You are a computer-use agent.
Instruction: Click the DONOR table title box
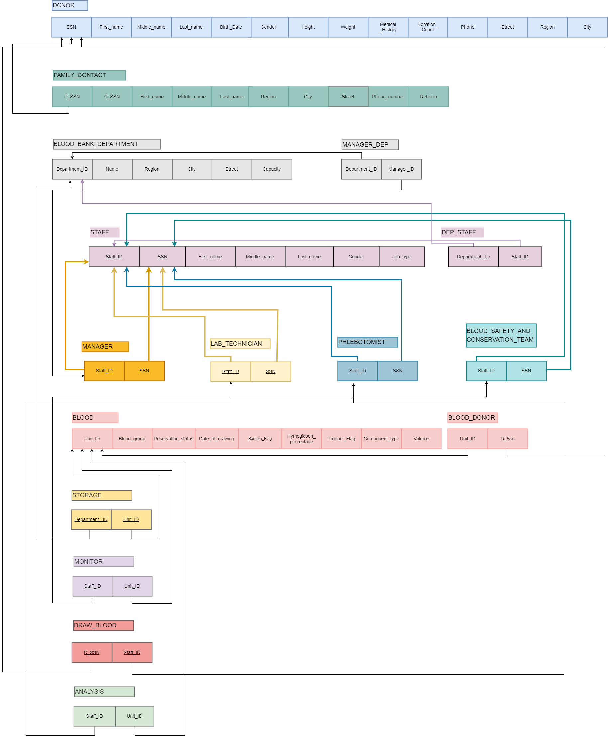[70, 5]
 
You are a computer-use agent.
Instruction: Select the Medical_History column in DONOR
[388, 27]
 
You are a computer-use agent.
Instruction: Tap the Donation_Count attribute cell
[427, 27]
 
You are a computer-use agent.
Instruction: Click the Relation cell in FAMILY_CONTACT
[428, 97]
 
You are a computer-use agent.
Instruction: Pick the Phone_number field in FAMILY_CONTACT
[388, 97]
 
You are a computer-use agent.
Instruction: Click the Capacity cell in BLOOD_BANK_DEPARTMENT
[272, 169]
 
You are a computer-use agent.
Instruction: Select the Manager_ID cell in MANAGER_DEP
[401, 169]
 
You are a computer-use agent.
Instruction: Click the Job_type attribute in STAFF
[401, 257]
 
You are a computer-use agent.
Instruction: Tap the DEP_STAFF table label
[462, 232]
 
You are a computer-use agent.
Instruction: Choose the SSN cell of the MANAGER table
[144, 371]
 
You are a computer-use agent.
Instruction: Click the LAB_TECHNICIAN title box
[240, 344]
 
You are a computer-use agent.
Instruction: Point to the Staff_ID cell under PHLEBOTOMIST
[357, 371]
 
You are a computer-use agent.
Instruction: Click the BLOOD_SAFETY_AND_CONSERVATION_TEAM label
[501, 335]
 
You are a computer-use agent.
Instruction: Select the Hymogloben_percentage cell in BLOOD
[301, 439]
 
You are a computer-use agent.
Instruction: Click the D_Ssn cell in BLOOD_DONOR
[507, 439]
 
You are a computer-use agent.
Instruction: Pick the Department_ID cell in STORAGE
[91, 519]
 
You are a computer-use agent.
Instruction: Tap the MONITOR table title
[104, 561]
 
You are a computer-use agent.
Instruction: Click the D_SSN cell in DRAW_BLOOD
[92, 652]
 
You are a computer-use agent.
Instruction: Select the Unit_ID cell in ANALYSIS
[135, 716]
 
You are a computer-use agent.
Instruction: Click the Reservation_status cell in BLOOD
[174, 439]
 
